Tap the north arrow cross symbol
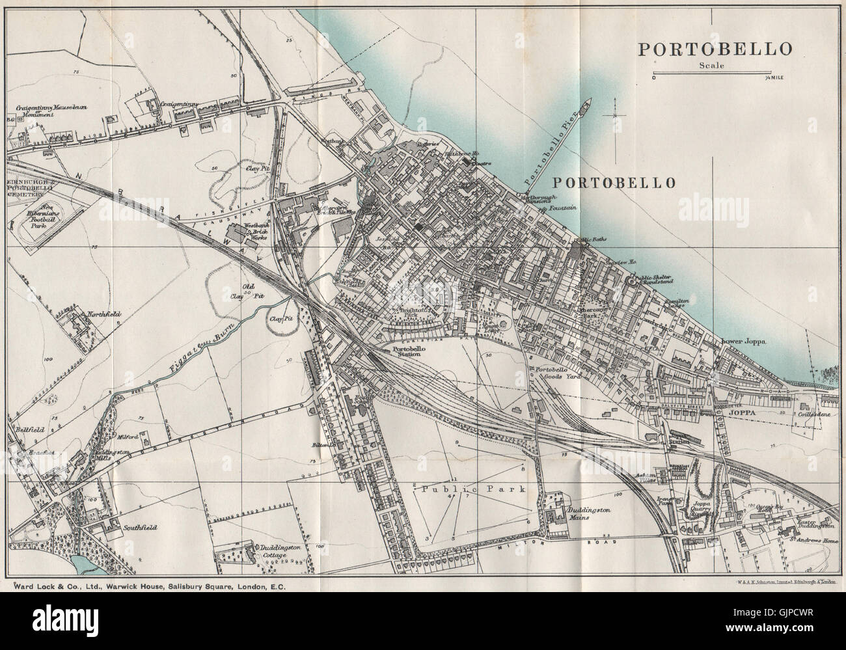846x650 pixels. coord(614,116)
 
